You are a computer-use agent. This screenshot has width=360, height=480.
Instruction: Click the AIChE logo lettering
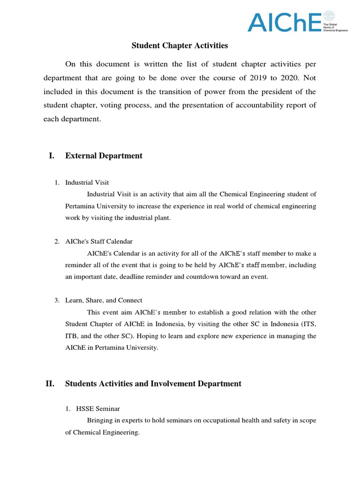click(x=283, y=22)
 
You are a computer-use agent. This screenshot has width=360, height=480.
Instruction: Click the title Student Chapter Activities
click(x=180, y=45)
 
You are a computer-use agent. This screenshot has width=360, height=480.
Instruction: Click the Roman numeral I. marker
click(x=52, y=156)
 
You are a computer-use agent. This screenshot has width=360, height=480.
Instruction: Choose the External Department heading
click(x=104, y=156)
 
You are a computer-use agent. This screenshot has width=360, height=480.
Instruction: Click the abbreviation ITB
click(x=72, y=336)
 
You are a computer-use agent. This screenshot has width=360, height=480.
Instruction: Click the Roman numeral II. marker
click(x=50, y=383)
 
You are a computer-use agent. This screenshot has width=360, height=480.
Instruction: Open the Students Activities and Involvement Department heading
click(x=153, y=383)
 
